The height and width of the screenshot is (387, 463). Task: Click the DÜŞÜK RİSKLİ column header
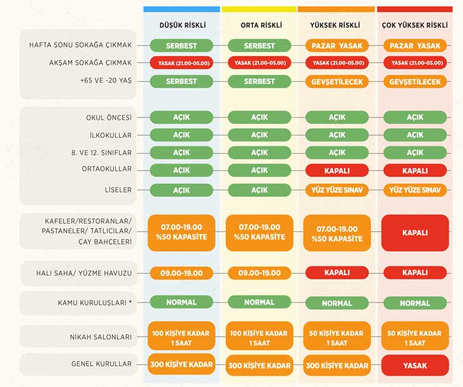click(181, 26)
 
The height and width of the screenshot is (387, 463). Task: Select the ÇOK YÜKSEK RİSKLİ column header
click(415, 26)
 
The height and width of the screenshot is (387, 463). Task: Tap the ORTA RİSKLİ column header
click(260, 26)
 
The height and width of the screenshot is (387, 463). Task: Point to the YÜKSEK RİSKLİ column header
click(337, 26)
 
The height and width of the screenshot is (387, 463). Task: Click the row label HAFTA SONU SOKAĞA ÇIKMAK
click(81, 46)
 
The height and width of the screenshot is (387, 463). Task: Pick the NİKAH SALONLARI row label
click(101, 337)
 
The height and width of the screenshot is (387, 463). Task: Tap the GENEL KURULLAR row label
click(101, 364)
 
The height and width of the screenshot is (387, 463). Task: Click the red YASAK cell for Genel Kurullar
click(415, 365)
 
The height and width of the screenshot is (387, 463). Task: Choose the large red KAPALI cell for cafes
click(415, 233)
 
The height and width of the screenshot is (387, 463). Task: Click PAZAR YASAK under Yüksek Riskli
click(337, 46)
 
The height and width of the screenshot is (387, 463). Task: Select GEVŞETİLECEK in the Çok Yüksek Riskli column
click(415, 82)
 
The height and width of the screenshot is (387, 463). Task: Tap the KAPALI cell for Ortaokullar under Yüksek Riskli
click(337, 171)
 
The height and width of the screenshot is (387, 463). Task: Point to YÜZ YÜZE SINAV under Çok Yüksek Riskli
click(415, 190)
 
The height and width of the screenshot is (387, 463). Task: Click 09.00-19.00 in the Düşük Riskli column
click(181, 273)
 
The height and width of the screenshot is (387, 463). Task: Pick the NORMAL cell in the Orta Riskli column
click(260, 302)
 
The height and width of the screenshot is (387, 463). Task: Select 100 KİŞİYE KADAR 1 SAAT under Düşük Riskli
click(181, 338)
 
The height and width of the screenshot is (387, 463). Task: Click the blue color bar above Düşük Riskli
click(181, 9)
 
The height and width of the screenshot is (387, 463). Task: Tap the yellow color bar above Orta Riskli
click(260, 9)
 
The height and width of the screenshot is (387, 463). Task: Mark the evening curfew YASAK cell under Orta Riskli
click(260, 63)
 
